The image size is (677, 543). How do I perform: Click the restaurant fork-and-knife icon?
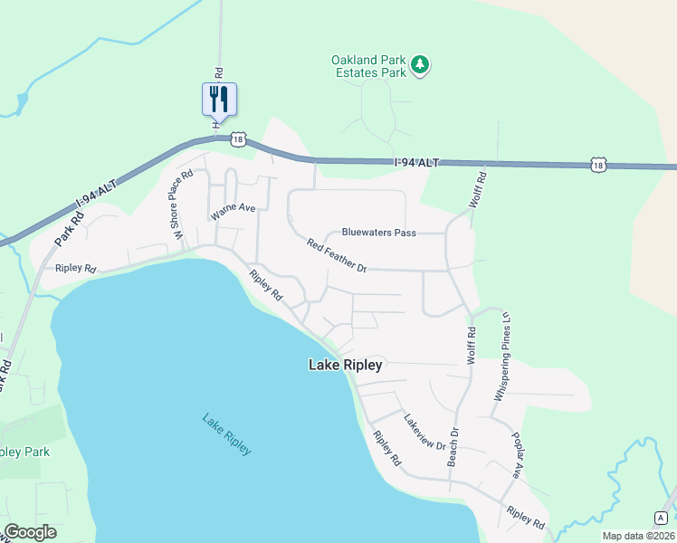[x=218, y=98]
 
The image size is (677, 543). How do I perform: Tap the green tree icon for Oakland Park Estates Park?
[x=419, y=64]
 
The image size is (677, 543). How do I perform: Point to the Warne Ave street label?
[x=234, y=212]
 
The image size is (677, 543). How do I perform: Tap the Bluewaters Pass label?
[x=378, y=233]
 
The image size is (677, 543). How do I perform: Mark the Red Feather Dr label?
[x=336, y=256]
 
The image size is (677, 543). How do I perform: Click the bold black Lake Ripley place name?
[x=346, y=366]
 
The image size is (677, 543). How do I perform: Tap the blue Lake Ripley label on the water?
[x=226, y=434]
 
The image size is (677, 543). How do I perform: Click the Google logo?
[x=30, y=532]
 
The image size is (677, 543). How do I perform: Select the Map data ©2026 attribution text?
[x=639, y=536]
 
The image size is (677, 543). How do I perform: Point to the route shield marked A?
[x=662, y=517]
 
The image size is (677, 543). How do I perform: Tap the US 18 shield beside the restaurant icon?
[x=237, y=138]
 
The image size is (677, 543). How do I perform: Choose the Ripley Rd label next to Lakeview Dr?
[x=386, y=447]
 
